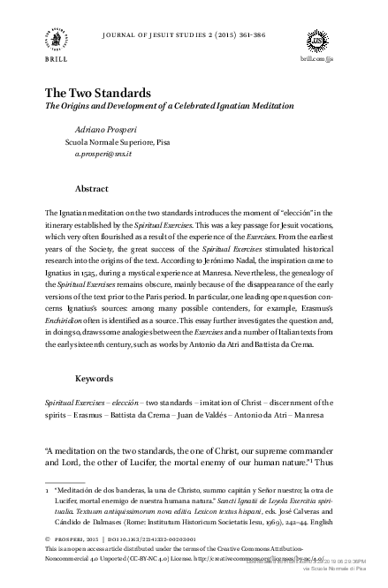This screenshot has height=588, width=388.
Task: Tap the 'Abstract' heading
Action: (x=92, y=189)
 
